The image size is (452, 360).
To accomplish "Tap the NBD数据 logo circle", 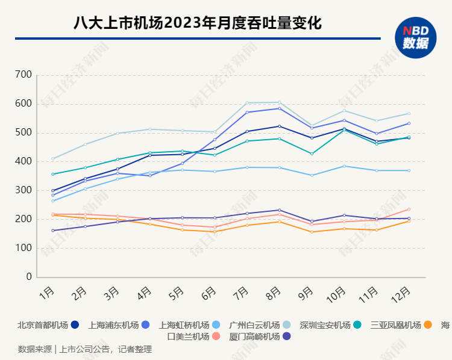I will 415,38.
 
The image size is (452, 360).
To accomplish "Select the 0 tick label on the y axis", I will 28,278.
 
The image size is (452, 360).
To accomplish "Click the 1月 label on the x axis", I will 46,294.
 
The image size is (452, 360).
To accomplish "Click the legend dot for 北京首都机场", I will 75,325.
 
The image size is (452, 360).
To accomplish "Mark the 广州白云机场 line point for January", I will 53,159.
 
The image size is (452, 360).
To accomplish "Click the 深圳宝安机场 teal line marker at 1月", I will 53,174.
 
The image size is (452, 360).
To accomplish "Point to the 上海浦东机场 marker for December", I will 409,123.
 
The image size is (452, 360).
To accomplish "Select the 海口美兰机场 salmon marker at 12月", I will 409,209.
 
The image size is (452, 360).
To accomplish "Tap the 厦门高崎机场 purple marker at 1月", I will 53,231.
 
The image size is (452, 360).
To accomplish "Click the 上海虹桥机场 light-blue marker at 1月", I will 53,200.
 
